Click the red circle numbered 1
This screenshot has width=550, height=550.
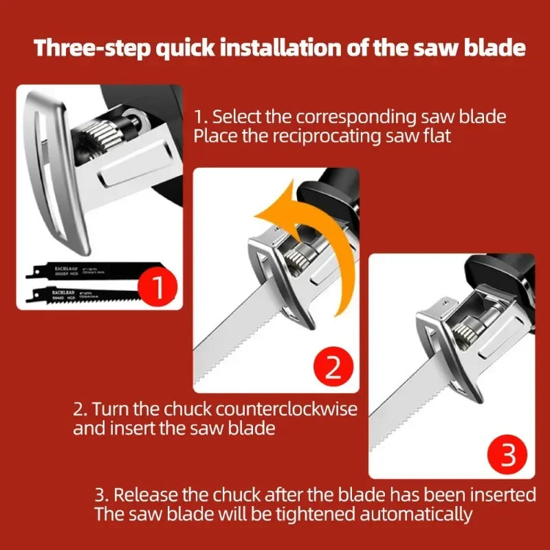(157, 287)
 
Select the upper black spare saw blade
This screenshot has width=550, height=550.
(76, 270)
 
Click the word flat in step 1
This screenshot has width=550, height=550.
(438, 135)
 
